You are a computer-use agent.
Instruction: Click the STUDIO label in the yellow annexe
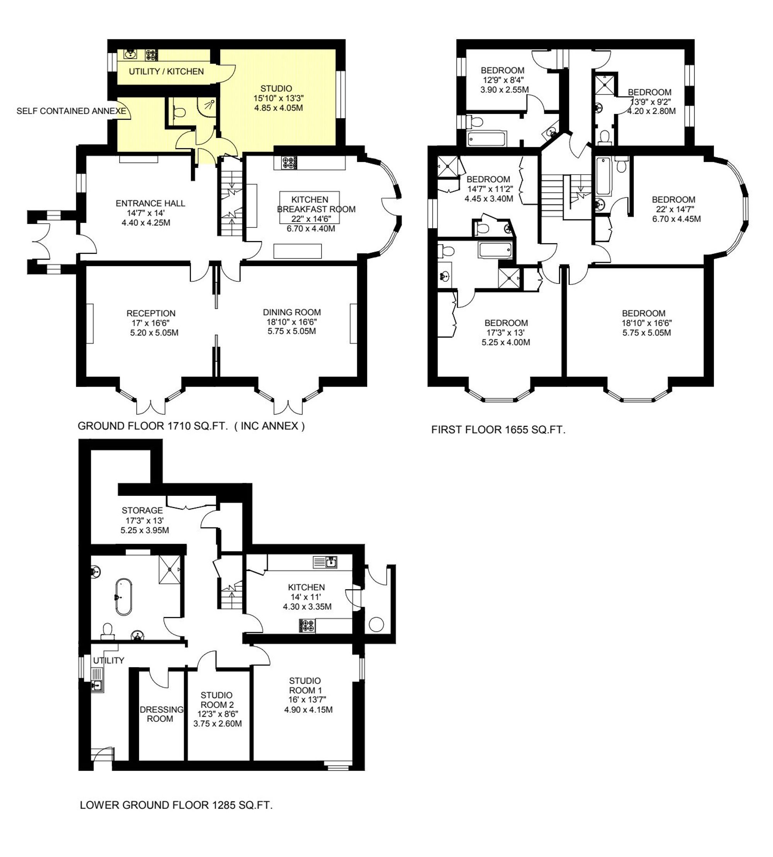276,88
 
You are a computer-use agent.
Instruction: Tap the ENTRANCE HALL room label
150,203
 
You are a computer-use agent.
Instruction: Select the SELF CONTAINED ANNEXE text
72,111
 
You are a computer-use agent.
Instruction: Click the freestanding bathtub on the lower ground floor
123,596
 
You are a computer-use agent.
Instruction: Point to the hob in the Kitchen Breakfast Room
289,163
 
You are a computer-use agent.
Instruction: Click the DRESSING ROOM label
162,714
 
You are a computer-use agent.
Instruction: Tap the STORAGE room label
142,510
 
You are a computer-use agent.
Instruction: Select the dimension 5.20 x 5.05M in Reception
154,333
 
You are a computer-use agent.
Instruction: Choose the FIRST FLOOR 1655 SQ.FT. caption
498,430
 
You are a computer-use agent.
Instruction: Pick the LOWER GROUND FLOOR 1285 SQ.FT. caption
176,805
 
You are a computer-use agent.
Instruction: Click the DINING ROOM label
292,313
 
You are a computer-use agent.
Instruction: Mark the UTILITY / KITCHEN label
166,71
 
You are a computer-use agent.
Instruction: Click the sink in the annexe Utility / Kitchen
129,55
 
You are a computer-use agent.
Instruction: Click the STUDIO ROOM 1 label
305,685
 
